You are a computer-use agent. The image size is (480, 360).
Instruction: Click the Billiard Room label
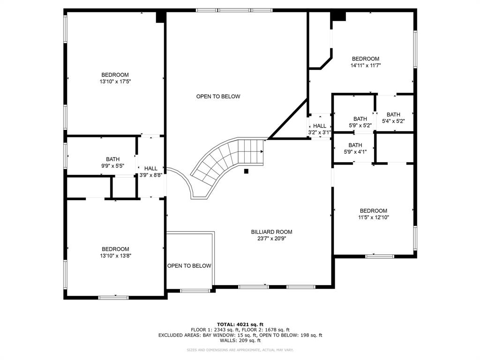[x=271, y=232]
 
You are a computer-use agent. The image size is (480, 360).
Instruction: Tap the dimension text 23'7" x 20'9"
[x=271, y=238]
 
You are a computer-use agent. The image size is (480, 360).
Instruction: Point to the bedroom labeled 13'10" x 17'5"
[x=115, y=78]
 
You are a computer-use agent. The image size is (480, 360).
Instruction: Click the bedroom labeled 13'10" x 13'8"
[x=115, y=252]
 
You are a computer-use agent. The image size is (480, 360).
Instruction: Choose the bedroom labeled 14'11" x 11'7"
[x=365, y=62]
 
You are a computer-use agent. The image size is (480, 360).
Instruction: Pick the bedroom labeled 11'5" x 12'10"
[x=373, y=214]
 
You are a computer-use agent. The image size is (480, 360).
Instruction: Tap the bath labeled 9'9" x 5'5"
[x=112, y=162]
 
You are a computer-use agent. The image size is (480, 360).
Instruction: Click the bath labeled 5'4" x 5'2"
[x=393, y=118]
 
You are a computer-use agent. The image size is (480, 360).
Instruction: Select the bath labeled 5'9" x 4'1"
[x=355, y=148]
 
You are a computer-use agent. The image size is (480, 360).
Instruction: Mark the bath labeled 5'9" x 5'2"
[x=360, y=122]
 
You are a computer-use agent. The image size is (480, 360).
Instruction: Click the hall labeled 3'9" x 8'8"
[x=151, y=172]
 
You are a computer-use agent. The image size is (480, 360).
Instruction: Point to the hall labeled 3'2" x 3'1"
[x=320, y=129]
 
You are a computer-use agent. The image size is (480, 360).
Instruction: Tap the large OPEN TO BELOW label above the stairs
[x=218, y=97]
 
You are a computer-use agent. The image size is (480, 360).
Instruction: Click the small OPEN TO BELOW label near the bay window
[x=189, y=266]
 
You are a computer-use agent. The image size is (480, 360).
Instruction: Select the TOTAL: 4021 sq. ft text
[x=240, y=324]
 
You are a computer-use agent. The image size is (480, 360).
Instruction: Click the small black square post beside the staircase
[x=246, y=171]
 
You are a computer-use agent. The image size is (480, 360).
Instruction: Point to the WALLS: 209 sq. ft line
[x=240, y=340]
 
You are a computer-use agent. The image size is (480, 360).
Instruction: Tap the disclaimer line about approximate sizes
[x=240, y=350]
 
